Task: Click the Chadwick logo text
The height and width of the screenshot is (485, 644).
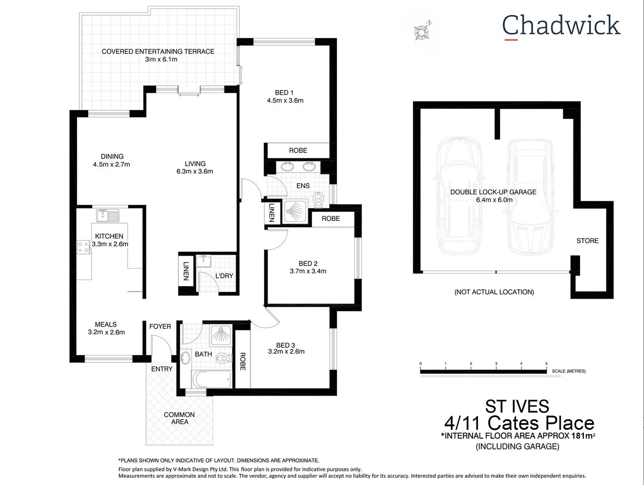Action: coord(561,25)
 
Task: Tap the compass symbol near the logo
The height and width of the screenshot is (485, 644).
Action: coord(422,31)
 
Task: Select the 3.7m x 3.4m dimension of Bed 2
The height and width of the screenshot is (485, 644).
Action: coord(308,271)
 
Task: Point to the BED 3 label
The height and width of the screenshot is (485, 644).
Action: coord(286,345)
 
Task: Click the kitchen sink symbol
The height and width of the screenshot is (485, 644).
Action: coord(107,216)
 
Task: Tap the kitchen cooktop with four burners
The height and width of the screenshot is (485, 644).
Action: coord(84,247)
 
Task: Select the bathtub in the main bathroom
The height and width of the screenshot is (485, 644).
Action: coord(212,379)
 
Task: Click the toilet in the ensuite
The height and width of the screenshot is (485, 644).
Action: coord(318,199)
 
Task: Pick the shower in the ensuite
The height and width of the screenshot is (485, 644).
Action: coord(296,211)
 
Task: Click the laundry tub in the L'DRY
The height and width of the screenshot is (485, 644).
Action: coord(204,260)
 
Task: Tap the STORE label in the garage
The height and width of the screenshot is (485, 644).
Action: coord(587,241)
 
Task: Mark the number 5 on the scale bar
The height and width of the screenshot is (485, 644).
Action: coord(546,363)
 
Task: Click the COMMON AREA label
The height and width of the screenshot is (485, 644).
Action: coord(179,418)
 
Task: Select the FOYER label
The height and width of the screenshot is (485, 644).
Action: coord(160,326)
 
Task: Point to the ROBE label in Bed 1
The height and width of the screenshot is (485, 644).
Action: coord(298,150)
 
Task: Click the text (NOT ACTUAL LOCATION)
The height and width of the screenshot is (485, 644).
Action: coord(494,292)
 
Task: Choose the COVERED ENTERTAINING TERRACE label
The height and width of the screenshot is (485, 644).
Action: coord(158,51)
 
